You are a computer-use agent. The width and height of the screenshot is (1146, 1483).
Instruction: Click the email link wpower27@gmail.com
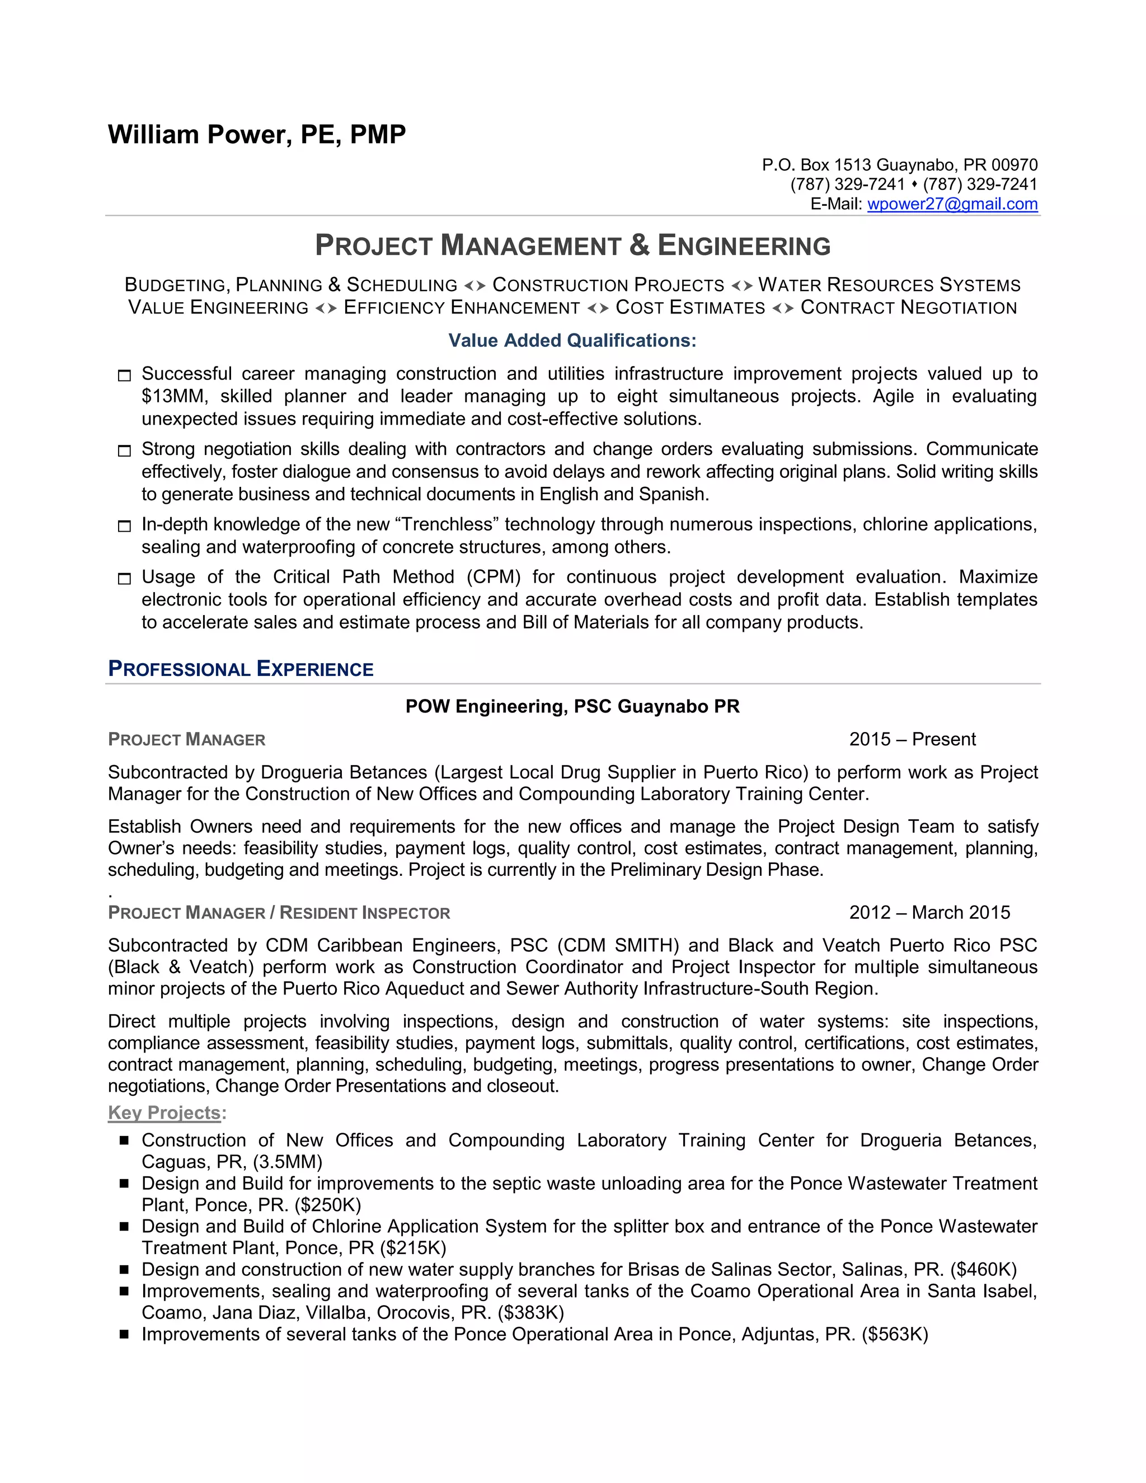[x=952, y=204]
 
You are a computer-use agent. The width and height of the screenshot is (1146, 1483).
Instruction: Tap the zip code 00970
[x=1015, y=165]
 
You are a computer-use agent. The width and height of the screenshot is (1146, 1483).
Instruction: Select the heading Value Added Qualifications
[x=572, y=340]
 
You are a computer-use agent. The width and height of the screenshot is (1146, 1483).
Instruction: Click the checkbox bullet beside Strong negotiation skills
[x=124, y=451]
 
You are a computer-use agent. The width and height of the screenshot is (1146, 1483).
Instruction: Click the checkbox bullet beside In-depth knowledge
[x=124, y=526]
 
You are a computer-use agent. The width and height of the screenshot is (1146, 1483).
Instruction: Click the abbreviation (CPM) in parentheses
[x=494, y=576]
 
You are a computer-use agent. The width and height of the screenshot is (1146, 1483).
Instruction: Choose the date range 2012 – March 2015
[x=929, y=912]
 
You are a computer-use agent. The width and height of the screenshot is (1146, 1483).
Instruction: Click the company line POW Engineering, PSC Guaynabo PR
[x=572, y=706]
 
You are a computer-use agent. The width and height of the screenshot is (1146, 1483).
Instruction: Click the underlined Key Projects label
[x=165, y=1113]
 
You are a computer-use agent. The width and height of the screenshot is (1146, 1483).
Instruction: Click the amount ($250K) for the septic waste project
[x=328, y=1205]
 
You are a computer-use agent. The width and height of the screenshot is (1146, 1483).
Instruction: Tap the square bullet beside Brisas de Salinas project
[x=124, y=1269]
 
